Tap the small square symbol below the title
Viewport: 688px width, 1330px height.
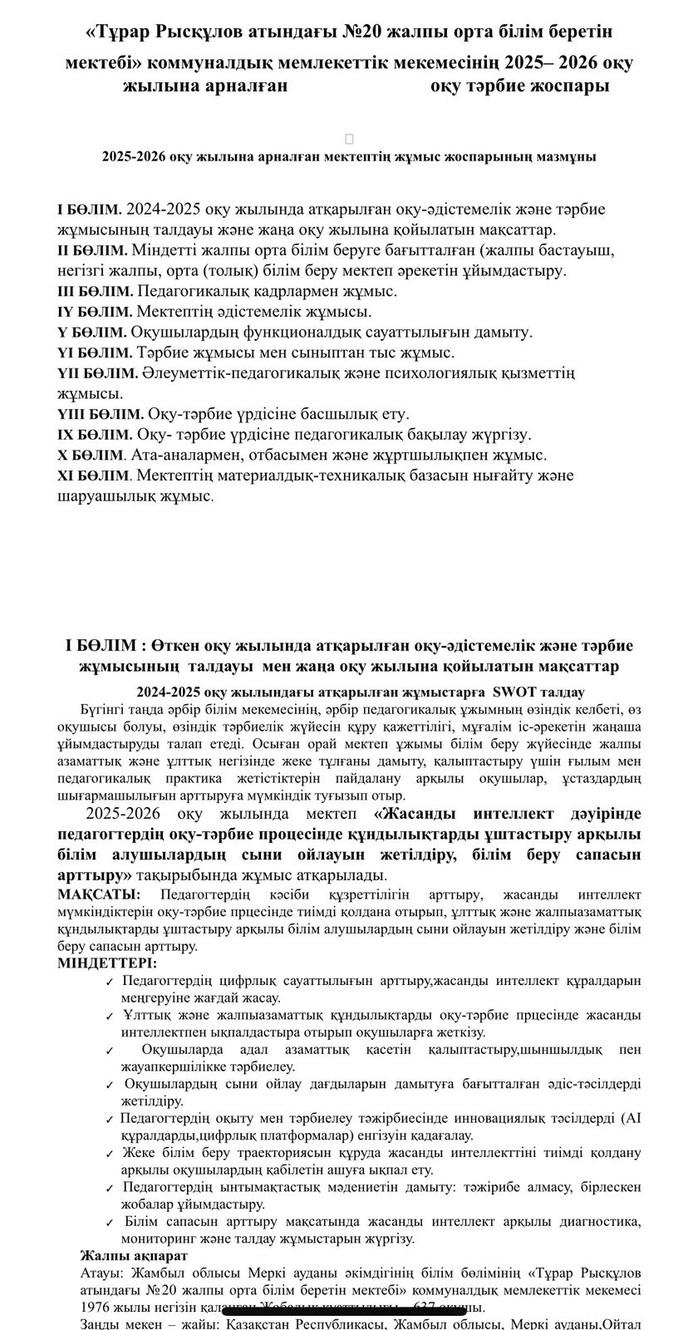[x=349, y=139]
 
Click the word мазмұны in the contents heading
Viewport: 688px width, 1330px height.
[x=567, y=156]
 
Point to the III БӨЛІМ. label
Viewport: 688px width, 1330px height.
[x=95, y=292]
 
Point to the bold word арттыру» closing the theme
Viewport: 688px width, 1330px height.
[x=96, y=875]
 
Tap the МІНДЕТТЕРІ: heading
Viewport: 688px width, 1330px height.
[x=106, y=963]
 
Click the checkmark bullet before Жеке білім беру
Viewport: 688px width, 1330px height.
[x=110, y=1154]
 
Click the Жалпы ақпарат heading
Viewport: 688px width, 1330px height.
[x=133, y=1255]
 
